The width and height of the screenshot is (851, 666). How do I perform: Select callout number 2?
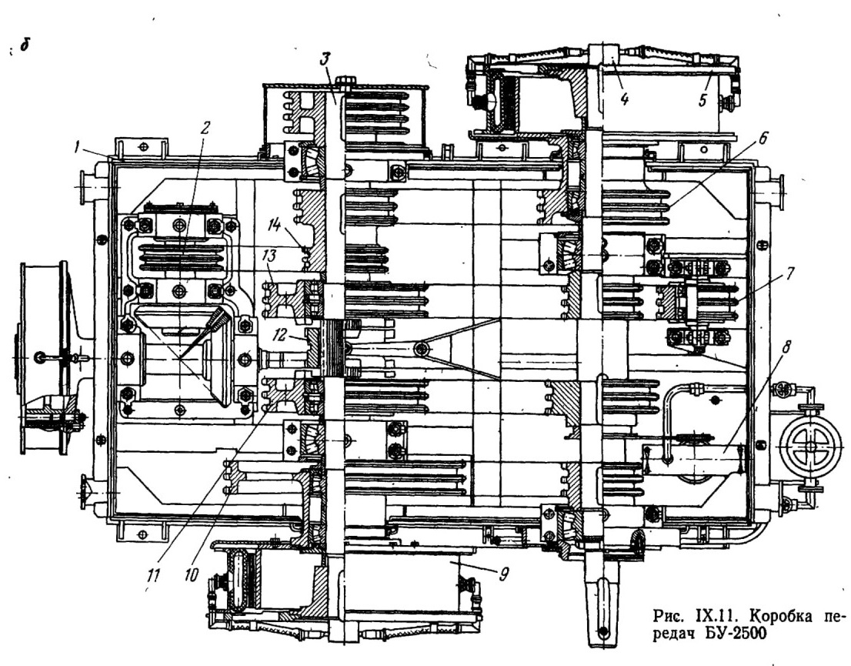point(204,128)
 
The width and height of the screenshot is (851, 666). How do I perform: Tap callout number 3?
point(325,58)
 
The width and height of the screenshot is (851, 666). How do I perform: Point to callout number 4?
point(624,99)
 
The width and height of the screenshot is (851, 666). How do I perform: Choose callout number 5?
point(704,100)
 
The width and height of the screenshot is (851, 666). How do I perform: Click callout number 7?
point(789,273)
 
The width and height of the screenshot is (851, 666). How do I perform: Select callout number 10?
point(191,575)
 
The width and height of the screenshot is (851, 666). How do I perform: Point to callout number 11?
point(153,575)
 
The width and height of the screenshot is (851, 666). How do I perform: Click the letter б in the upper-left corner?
point(25,46)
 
